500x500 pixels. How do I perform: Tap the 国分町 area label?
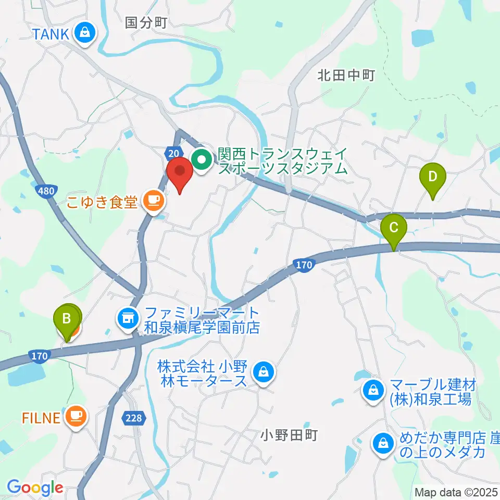point(146,22)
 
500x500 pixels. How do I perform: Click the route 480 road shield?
point(46,192)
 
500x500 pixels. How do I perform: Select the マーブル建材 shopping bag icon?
point(373,390)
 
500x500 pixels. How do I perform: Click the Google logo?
point(35,488)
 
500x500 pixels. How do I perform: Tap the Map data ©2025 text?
point(456,492)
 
